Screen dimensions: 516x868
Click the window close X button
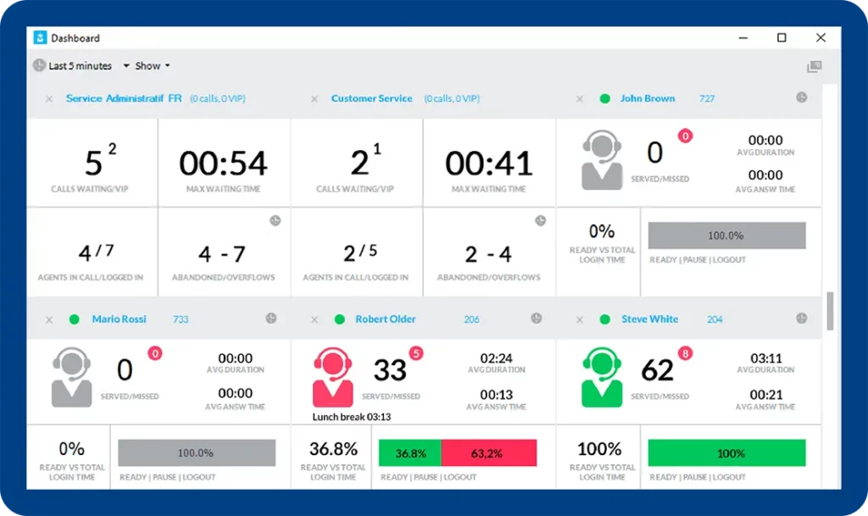(x=821, y=38)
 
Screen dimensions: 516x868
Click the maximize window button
(x=782, y=38)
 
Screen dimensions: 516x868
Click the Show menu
(x=152, y=66)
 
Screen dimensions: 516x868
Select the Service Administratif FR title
(x=124, y=98)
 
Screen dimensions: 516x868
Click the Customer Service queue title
(x=371, y=98)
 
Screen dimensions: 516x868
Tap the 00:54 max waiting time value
(x=223, y=163)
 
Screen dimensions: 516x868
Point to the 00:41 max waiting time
(x=489, y=163)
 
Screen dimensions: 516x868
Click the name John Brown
(x=648, y=98)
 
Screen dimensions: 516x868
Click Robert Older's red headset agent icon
(x=332, y=379)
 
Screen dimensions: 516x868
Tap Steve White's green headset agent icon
(x=601, y=379)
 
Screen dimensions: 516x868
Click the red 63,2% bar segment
(x=488, y=453)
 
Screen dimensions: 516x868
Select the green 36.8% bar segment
(x=410, y=453)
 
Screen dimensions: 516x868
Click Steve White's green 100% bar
(x=726, y=453)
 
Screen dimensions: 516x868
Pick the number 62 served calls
(x=657, y=370)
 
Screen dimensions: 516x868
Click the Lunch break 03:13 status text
(x=352, y=417)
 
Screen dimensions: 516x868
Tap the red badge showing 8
(x=685, y=353)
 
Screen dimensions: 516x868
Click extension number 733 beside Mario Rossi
(x=181, y=319)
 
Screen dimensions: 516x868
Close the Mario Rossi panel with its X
(x=49, y=319)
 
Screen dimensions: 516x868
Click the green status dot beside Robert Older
(x=340, y=319)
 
